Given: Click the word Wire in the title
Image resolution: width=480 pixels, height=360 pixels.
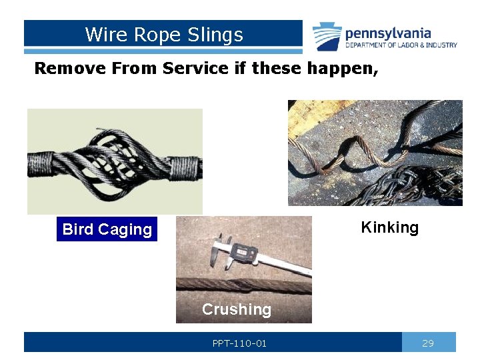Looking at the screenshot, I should [101, 35].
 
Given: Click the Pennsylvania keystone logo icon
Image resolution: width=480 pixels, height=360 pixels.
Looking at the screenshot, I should [327, 36].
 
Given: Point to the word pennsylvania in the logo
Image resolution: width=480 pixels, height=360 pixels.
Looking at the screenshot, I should [388, 33].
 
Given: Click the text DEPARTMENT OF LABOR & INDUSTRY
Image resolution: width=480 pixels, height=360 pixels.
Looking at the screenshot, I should [401, 45].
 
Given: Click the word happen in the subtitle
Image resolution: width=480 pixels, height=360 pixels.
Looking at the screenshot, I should [344, 68].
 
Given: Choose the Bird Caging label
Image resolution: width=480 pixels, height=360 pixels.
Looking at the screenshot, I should [107, 229].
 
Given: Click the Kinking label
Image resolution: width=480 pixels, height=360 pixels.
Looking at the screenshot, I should [389, 227].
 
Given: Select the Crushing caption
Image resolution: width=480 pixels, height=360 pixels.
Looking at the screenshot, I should [237, 309].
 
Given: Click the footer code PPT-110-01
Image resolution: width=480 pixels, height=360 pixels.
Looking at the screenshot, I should [239, 343].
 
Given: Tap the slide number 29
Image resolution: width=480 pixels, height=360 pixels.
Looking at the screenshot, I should [428, 343].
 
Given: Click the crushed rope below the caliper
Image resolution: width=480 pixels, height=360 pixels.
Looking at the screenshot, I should [243, 287].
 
